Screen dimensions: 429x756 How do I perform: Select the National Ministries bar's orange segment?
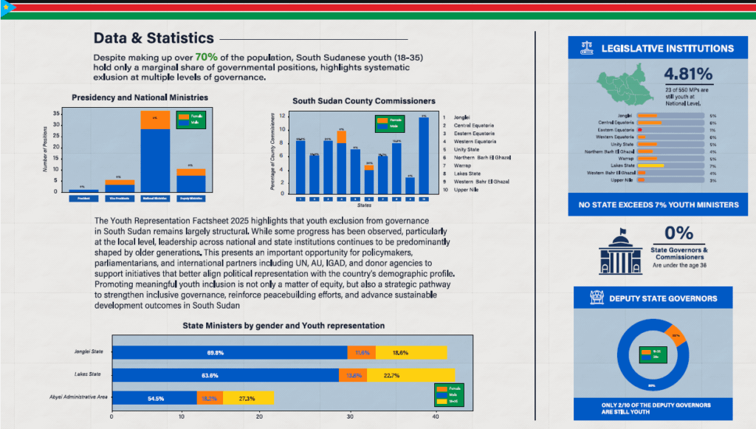pyautogui.click(x=156, y=120)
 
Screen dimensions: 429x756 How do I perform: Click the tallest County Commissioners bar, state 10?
pyautogui.click(x=423, y=156)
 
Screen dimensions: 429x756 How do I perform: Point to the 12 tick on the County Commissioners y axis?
pyautogui.click(x=283, y=117)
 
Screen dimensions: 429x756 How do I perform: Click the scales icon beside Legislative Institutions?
pyautogui.click(x=588, y=49)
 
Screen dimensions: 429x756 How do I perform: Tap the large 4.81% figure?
pyautogui.click(x=688, y=75)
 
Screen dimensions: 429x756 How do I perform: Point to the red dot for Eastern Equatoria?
pyautogui.click(x=639, y=130)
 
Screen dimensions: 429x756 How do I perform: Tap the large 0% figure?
pyautogui.click(x=678, y=233)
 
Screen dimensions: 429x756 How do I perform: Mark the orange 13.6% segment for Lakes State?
pyautogui.click(x=352, y=375)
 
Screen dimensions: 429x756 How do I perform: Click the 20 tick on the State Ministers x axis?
pyautogui.click(x=258, y=416)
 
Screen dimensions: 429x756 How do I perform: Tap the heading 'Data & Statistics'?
pyautogui.click(x=154, y=38)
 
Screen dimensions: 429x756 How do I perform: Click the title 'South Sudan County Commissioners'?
pyautogui.click(x=364, y=101)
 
